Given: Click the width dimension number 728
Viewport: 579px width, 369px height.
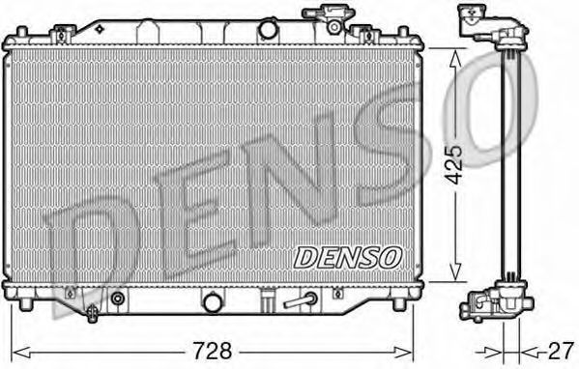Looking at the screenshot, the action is click(x=213, y=351).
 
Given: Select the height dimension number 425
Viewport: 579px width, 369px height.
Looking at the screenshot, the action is click(x=453, y=164).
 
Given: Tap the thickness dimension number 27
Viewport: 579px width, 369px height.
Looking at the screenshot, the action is click(x=561, y=351).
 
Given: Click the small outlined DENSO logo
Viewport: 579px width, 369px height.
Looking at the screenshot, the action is click(x=347, y=258).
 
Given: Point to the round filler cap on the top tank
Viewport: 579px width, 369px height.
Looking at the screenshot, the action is click(x=268, y=30).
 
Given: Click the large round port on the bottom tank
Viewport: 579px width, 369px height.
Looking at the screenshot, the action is click(x=214, y=301).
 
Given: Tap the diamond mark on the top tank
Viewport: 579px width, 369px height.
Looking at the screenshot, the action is click(x=100, y=29).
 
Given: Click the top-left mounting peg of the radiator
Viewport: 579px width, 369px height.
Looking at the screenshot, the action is click(x=22, y=32).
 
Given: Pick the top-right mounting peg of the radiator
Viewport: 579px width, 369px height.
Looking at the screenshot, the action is click(x=404, y=32).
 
